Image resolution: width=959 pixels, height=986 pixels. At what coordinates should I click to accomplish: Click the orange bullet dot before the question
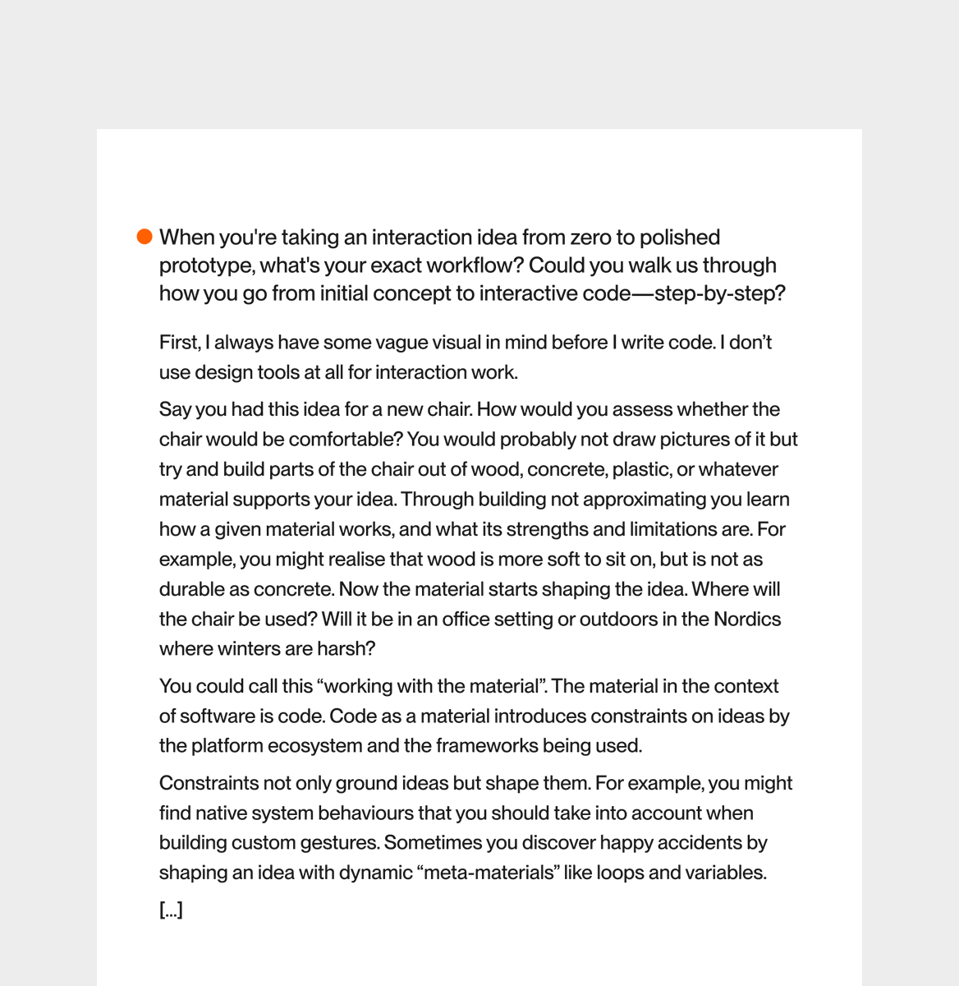[x=145, y=237]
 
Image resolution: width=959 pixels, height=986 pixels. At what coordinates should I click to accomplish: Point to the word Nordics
[x=747, y=619]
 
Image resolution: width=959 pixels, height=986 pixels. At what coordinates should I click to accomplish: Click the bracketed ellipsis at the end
[x=171, y=910]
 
